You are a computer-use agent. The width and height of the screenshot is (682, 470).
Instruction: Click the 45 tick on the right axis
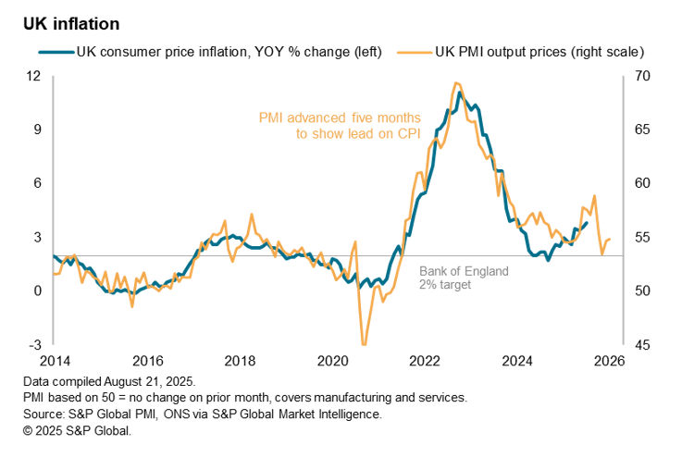click(x=639, y=345)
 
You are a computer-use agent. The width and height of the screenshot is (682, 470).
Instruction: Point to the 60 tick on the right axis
click(x=639, y=183)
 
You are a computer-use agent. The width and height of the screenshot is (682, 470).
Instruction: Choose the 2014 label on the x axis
click(x=55, y=360)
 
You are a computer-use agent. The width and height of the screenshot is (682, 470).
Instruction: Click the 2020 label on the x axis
click(x=332, y=360)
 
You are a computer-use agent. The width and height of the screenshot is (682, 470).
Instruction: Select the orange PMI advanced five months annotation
click(x=339, y=126)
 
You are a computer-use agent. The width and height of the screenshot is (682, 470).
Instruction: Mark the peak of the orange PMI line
click(x=455, y=83)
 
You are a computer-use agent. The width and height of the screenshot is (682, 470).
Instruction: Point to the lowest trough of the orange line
click(x=364, y=344)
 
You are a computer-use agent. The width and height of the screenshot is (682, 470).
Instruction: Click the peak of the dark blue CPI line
click(x=460, y=93)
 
